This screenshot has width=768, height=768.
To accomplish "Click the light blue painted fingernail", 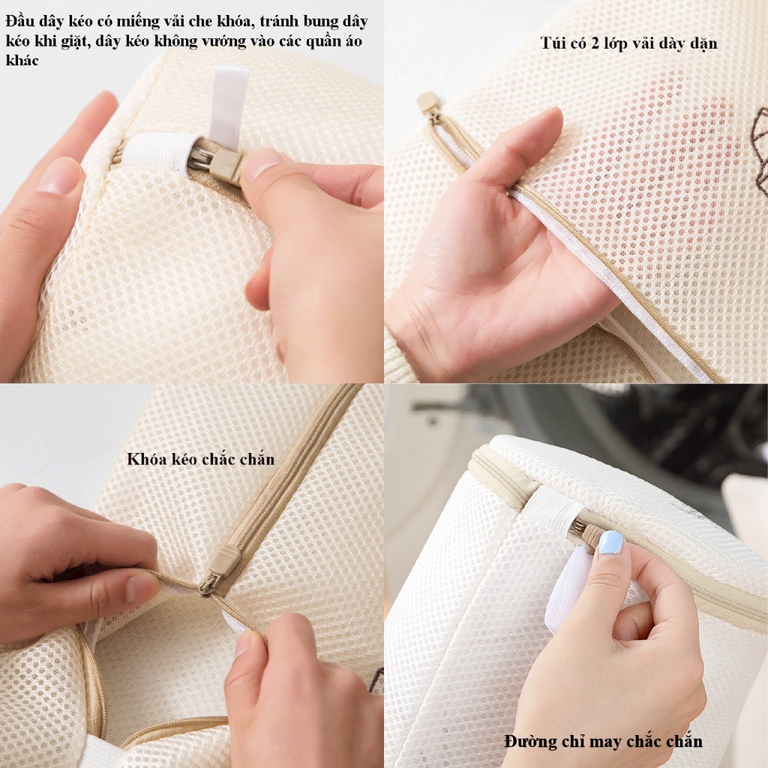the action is pyautogui.click(x=610, y=543).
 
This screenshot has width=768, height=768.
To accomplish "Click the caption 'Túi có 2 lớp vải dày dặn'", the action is pyautogui.click(x=629, y=43).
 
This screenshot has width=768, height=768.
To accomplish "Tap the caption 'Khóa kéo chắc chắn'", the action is pyautogui.click(x=201, y=459).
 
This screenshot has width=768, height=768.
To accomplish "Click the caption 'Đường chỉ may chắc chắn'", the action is pyautogui.click(x=604, y=741).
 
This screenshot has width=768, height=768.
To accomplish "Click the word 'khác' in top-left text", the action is pyautogui.click(x=22, y=60).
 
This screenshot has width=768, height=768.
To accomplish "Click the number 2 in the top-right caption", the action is pyautogui.click(x=595, y=43).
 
